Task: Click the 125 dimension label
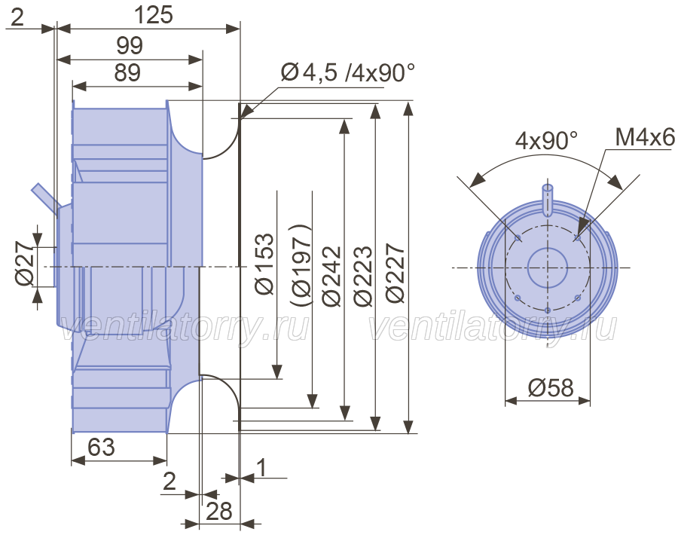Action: coord(154,15)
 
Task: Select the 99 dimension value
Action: coord(130,45)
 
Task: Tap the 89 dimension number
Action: coord(127,72)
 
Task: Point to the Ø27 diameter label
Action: coord(24,264)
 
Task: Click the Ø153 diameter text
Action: coord(264,264)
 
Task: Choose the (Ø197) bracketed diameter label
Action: coord(301,265)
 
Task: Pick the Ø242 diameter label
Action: coord(332,277)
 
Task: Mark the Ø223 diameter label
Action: coord(363,277)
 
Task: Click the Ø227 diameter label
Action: coord(395,273)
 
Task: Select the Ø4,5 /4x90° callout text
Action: coord(347,72)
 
